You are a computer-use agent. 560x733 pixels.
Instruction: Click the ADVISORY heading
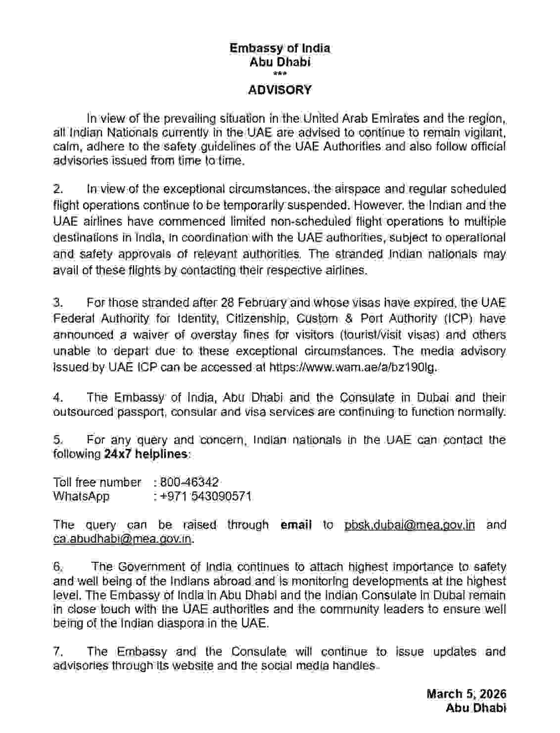280,90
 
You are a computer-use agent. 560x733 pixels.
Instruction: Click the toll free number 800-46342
189,482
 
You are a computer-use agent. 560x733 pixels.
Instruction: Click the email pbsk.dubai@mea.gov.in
409,525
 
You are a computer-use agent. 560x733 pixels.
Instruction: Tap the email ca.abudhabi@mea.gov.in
122,539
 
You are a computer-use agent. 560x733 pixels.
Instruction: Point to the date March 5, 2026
466,694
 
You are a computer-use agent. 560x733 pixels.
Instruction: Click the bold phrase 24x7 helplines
146,454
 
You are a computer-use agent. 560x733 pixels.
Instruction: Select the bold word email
296,525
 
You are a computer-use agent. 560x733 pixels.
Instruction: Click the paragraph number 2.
58,189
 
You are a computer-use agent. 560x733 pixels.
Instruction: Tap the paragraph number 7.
57,651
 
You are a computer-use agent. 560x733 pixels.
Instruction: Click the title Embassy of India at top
280,48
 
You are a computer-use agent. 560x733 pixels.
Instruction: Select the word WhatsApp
81,496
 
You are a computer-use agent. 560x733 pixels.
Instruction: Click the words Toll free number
97,482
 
